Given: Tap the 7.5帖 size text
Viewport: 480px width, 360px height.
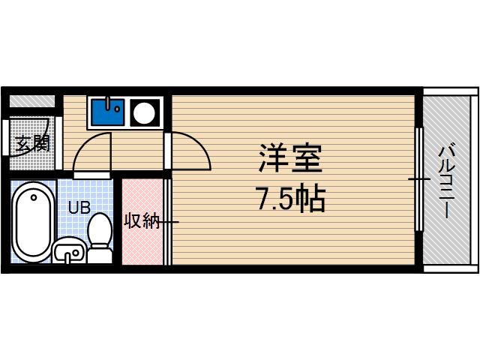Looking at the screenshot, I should coord(291,199).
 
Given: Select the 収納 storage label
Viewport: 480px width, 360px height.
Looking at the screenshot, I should coord(141,222).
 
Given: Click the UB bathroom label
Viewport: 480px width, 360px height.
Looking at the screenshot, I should coord(79,208).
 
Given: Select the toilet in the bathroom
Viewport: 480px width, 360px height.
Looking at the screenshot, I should coord(100,229).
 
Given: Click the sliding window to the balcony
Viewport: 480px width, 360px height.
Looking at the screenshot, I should coord(418,180).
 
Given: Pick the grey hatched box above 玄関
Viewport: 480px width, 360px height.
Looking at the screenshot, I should coord(32,100).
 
